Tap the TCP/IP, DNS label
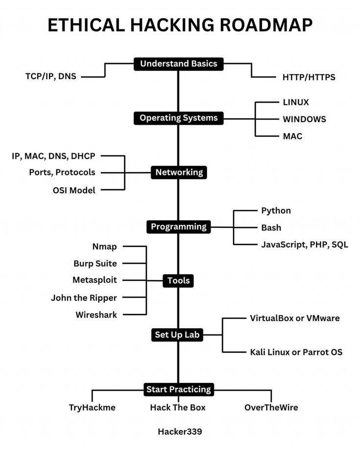click(51, 76)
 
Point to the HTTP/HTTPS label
click(309, 77)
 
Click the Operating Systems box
click(179, 118)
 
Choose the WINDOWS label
click(304, 119)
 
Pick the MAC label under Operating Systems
click(292, 136)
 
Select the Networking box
click(179, 172)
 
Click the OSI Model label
click(74, 190)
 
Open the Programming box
click(179, 226)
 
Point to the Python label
click(276, 210)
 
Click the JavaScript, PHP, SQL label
click(305, 245)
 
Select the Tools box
click(179, 281)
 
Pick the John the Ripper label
click(84, 297)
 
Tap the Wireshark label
click(96, 315)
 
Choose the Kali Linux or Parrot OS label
click(296, 352)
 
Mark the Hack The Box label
click(178, 407)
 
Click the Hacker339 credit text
click(180, 431)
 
